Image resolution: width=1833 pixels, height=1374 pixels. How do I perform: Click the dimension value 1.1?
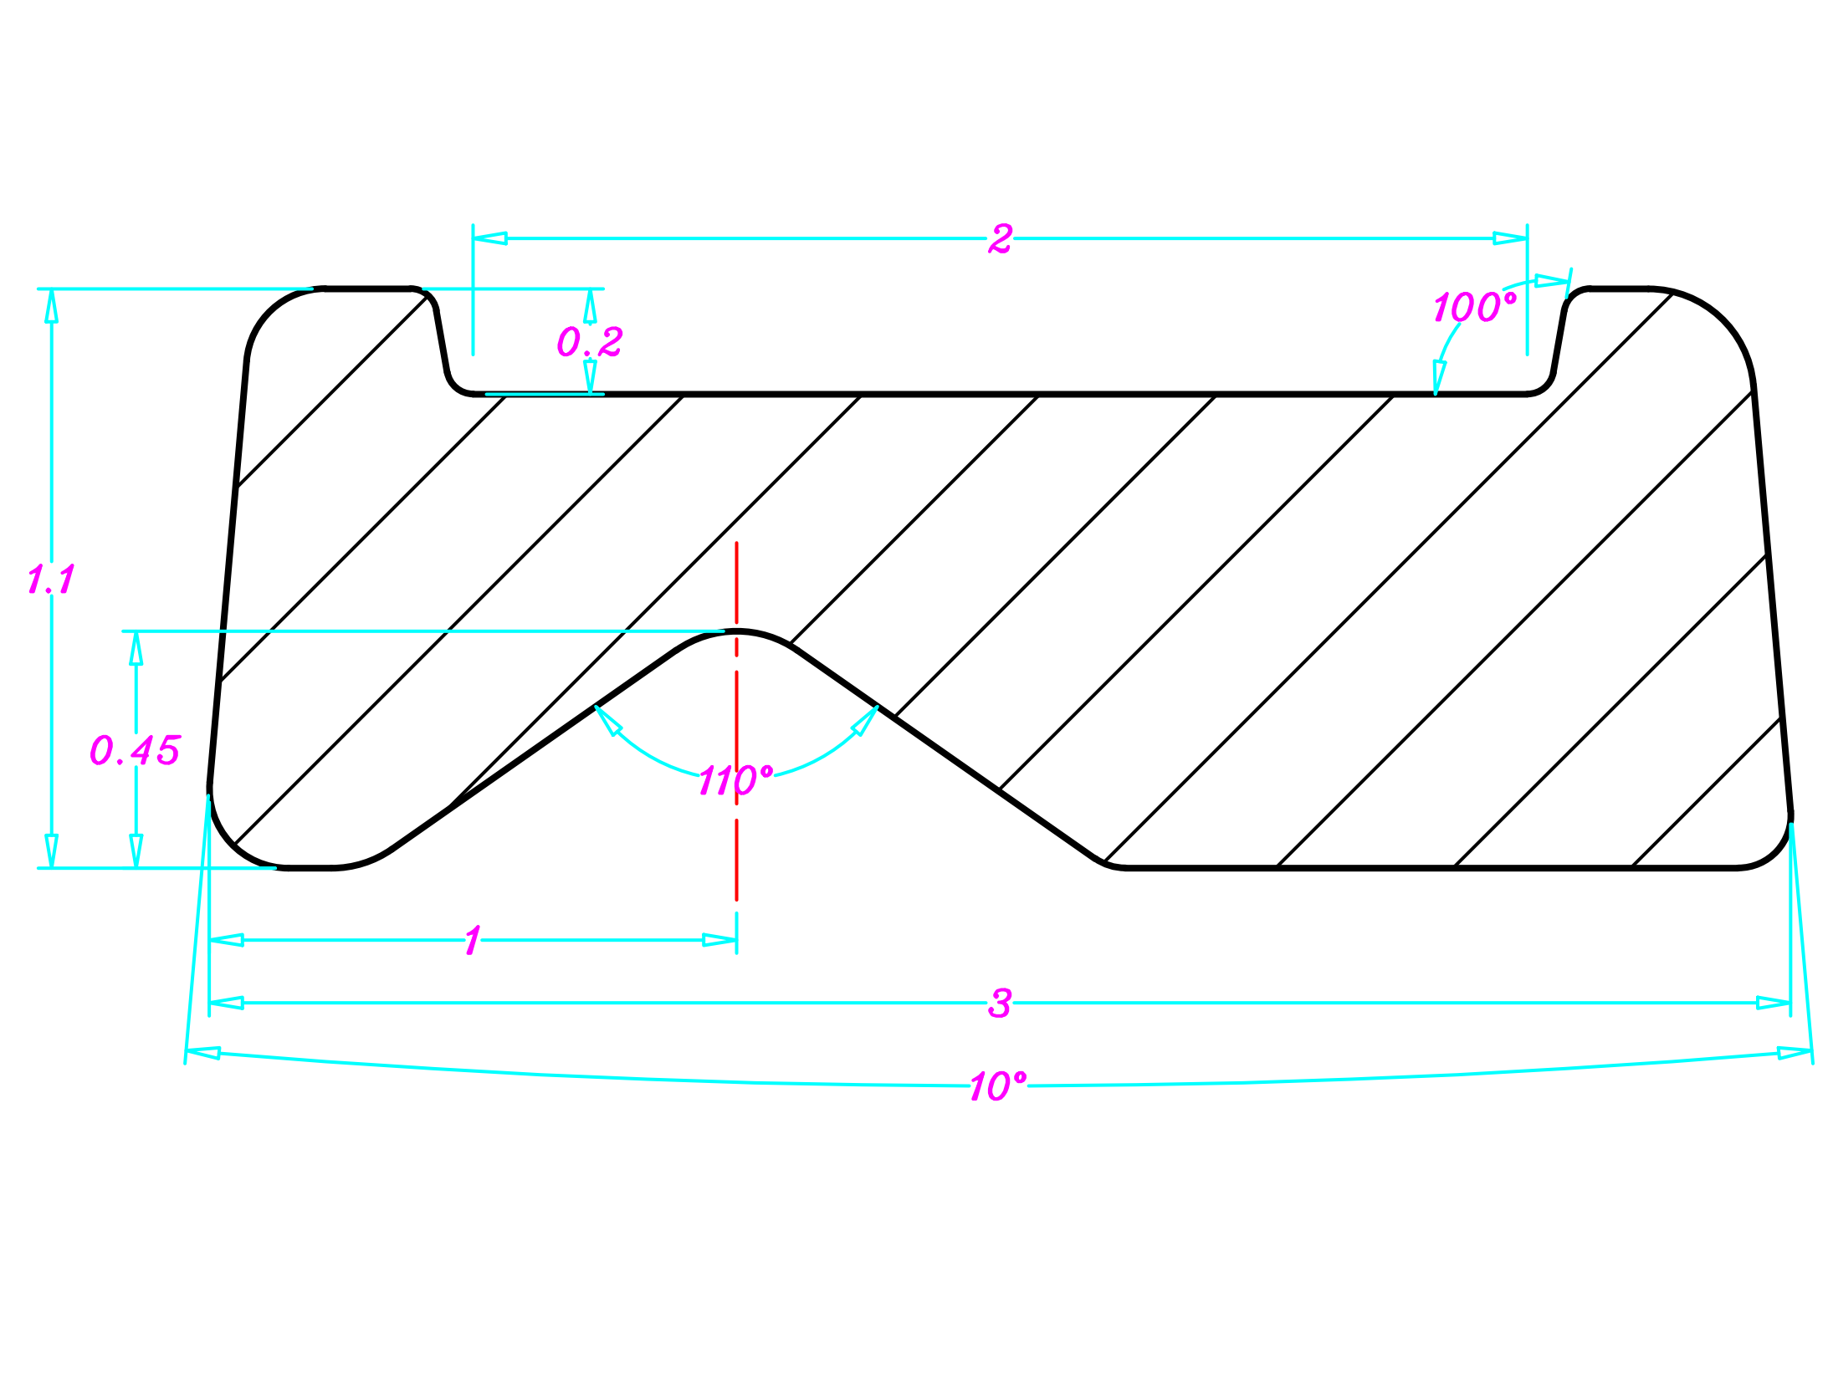pyautogui.click(x=51, y=579)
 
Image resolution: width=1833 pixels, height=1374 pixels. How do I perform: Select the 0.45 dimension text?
pyautogui.click(x=135, y=749)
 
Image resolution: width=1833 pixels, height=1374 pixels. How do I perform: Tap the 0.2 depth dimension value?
pyautogui.click(x=590, y=341)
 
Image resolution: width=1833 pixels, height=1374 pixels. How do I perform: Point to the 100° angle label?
pyautogui.click(x=1474, y=307)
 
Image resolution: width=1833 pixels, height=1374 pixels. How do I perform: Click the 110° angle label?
pyautogui.click(x=735, y=780)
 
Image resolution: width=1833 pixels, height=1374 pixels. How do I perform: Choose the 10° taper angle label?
pyautogui.click(x=997, y=1086)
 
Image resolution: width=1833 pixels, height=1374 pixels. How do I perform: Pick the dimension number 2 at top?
pyautogui.click(x=1000, y=239)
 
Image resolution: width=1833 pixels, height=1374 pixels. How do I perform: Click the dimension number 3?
pyautogui.click(x=1000, y=1003)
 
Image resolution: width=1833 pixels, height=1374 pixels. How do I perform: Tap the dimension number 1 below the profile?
pyautogui.click(x=473, y=940)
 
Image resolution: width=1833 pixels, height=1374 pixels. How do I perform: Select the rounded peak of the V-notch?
pyautogui.click(x=736, y=632)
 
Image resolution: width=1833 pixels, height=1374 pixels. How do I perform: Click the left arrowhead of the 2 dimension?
pyautogui.click(x=490, y=238)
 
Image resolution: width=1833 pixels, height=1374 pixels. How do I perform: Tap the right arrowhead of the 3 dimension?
pyautogui.click(x=1773, y=1003)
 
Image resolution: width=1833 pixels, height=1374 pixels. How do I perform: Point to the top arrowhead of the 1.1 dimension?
pyautogui.click(x=52, y=305)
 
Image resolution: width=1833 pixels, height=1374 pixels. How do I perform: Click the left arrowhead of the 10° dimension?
pyautogui.click(x=203, y=1052)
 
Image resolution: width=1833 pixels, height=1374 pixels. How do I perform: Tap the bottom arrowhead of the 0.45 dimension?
pyautogui.click(x=136, y=850)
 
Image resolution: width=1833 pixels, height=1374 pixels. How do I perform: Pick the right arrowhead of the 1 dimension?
pyautogui.click(x=719, y=940)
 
